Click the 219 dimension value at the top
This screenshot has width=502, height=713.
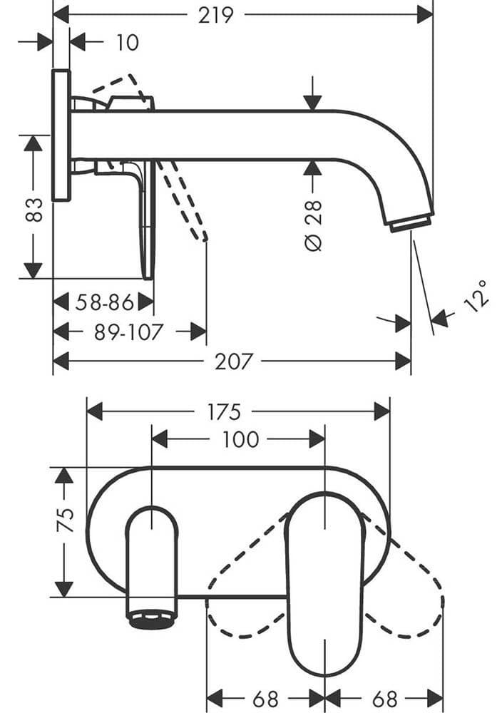coord(217,14)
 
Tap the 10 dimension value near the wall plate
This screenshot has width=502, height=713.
coord(127,43)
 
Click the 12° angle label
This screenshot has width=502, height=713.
coord(476,295)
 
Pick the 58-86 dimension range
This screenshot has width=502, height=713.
coord(105,303)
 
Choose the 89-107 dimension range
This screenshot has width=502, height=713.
coord(128,332)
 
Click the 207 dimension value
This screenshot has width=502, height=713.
coord(234,362)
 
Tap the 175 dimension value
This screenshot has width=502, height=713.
coord(224,412)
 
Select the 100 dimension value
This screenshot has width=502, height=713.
coord(240,439)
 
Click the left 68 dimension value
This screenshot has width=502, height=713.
coord(265,698)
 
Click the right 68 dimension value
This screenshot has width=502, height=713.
coord(385,698)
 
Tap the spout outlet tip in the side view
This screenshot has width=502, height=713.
coord(411,222)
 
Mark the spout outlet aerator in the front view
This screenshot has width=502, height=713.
coord(151,617)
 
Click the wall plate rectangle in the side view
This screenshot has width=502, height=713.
coord(61,135)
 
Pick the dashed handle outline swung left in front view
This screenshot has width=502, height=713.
coord(246,592)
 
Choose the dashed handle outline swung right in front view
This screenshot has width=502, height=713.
coord(406,592)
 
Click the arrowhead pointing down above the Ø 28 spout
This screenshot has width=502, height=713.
coord(312,100)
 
